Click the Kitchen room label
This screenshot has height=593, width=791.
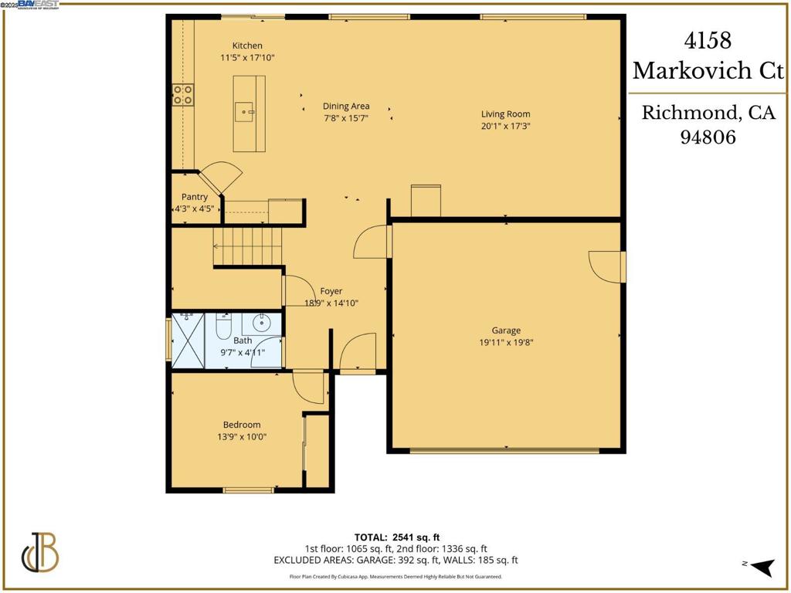(247, 46)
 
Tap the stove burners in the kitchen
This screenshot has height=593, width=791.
(183, 94)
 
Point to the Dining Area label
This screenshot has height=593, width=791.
(345, 107)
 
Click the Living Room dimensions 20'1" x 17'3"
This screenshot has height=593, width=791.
(506, 126)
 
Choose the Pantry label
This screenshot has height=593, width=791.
(195, 197)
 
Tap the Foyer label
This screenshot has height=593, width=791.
(331, 291)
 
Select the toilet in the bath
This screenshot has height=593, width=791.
(223, 327)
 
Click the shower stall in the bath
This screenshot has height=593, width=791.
(187, 341)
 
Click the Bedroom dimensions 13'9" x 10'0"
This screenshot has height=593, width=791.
(241, 436)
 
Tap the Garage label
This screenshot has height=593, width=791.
(506, 330)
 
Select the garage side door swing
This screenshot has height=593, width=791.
(606, 266)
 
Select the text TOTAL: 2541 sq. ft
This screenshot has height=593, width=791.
(397, 537)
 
